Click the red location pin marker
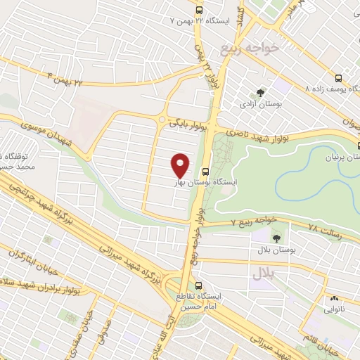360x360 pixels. pyautogui.click(x=181, y=165)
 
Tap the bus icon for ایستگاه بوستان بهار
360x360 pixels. pyautogui.click(x=205, y=171)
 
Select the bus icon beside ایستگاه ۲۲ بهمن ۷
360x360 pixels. pyautogui.click(x=200, y=11)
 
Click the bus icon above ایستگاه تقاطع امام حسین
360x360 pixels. pyautogui.click(x=200, y=287)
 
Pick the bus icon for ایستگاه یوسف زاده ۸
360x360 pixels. pyautogui.click(x=339, y=78)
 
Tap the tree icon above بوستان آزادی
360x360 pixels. pyautogui.click(x=260, y=92)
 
